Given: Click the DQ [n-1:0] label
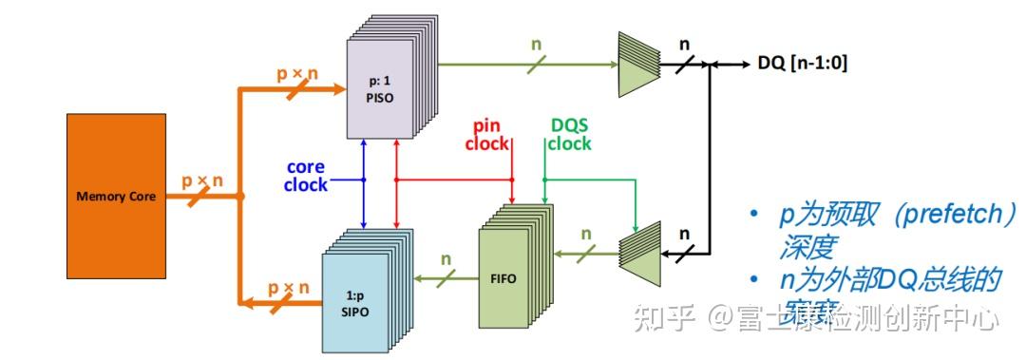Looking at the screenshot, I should pos(802,64).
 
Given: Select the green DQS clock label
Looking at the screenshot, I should pos(570,135).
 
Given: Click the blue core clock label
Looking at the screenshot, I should pos(305,177).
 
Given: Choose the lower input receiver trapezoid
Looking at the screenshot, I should pos(638,249).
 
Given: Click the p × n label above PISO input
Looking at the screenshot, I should pos(294,72).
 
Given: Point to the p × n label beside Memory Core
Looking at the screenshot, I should pos(204,180).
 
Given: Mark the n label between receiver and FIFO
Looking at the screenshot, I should pos(585,234).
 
